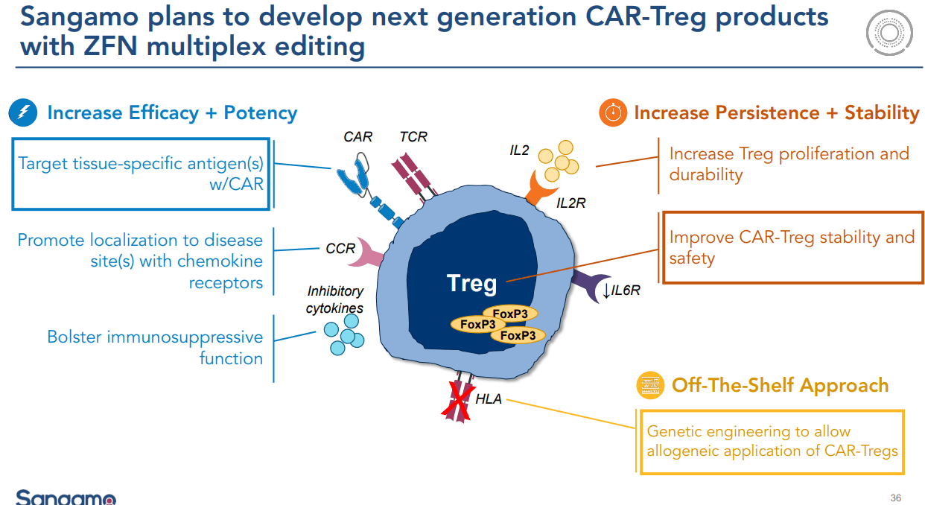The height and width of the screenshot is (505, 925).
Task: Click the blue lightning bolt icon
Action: tap(24, 113)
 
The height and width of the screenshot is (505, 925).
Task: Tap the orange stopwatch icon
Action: tap(613, 113)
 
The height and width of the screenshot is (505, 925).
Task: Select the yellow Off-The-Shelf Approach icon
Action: tap(650, 386)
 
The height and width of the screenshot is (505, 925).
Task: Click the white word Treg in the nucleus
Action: tap(471, 283)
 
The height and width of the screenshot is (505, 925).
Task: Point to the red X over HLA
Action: tap(458, 401)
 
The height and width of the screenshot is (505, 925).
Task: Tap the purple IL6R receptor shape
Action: tap(588, 286)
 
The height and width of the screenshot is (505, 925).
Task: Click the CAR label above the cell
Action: tap(357, 137)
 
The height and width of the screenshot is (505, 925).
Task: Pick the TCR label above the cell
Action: tap(413, 137)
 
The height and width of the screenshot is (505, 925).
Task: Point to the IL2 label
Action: tap(519, 151)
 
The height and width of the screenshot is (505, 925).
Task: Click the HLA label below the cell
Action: tap(489, 400)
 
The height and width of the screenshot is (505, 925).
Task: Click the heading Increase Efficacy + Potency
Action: tap(172, 113)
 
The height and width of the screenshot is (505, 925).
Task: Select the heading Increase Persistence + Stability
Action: tap(777, 113)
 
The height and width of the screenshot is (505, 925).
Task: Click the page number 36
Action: tap(895, 498)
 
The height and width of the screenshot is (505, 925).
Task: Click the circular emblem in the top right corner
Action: tap(889, 33)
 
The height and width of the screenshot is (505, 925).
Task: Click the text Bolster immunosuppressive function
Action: tap(155, 348)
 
